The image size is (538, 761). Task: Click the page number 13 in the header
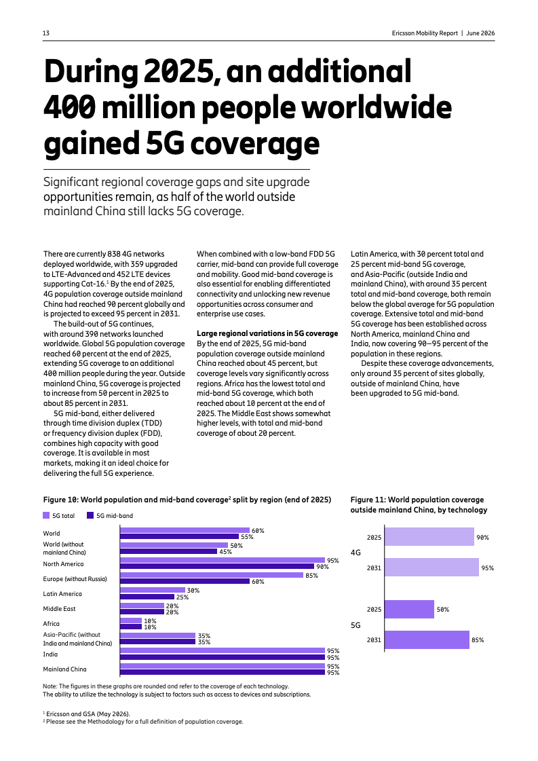46,33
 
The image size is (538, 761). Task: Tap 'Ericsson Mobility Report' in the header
425,33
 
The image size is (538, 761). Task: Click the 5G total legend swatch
46,515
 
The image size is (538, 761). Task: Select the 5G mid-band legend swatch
90,515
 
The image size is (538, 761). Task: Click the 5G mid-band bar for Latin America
147,597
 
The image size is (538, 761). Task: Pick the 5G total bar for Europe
212,575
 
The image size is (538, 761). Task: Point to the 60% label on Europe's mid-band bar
258,581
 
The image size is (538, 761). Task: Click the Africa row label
52,624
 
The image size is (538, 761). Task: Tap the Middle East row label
59,609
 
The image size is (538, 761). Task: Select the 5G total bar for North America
223,560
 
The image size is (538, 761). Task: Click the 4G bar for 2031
431,568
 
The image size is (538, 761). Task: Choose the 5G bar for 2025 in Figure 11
410,609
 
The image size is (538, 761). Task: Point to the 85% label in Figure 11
478,640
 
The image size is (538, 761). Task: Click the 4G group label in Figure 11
356,553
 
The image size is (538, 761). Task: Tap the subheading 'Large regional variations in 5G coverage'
267,333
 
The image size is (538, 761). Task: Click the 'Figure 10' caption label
60,500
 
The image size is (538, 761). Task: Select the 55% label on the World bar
247,537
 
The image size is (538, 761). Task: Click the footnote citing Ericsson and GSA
86,713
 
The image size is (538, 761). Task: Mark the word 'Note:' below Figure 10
50,686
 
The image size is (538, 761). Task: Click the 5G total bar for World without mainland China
174,546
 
